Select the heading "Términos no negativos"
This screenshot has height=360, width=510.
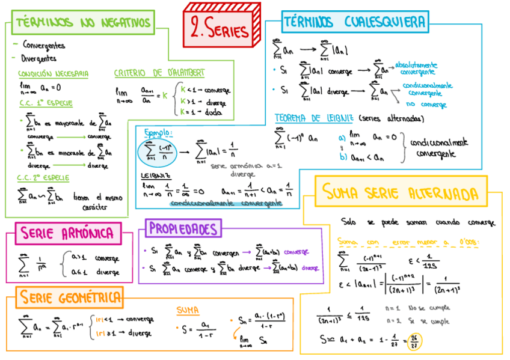click(83, 23)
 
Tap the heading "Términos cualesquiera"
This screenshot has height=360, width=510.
click(354, 22)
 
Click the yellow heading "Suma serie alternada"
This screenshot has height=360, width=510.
click(401, 193)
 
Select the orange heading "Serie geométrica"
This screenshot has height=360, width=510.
click(69, 296)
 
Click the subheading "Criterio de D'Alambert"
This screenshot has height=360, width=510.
click(159, 73)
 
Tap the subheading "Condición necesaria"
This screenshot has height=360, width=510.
click(54, 74)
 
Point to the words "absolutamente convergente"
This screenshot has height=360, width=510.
click(417, 68)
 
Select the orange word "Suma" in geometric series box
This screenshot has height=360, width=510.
click(188, 311)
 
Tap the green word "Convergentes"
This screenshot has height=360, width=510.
click(43, 45)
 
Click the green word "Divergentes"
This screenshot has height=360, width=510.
click(39, 58)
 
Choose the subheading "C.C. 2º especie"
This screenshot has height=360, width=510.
click(43, 178)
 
